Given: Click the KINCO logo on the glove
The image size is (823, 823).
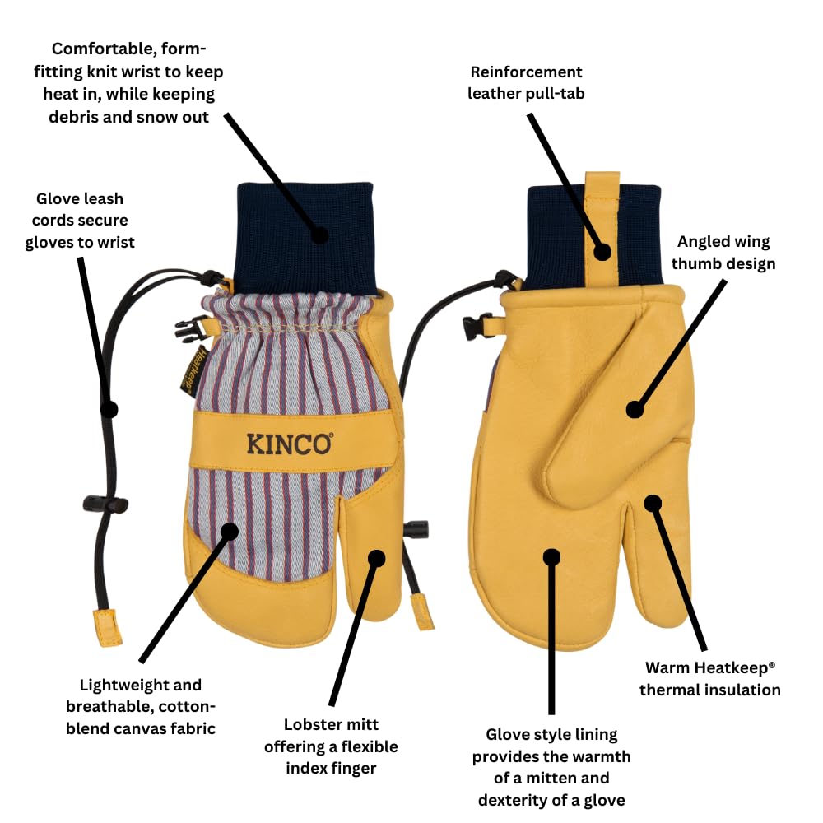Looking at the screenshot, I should pyautogui.click(x=290, y=444).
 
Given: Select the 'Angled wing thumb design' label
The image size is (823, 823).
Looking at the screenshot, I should pyautogui.click(x=723, y=253).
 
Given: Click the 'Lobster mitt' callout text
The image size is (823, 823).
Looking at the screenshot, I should pyautogui.click(x=331, y=725).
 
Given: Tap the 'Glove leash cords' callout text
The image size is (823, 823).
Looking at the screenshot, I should pyautogui.click(x=80, y=220).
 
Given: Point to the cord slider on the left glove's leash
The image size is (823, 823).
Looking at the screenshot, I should pyautogui.click(x=105, y=503).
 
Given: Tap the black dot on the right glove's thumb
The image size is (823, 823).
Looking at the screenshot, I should pyautogui.click(x=635, y=408).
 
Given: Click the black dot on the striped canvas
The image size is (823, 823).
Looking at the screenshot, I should pyautogui.click(x=229, y=531).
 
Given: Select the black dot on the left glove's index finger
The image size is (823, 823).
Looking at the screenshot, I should pyautogui.click(x=377, y=558).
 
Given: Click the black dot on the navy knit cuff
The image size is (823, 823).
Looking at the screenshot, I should pyautogui.click(x=320, y=235).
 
